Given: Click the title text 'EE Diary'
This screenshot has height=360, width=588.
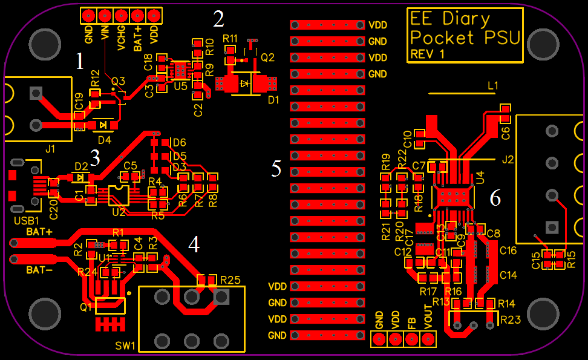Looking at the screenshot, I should click(449, 18).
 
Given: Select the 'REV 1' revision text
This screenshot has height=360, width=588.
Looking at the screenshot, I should click(428, 54).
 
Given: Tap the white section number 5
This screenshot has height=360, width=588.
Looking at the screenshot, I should click(276, 169).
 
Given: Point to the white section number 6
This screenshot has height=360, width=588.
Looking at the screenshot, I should click(495, 197).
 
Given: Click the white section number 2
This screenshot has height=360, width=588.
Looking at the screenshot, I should click(218, 19).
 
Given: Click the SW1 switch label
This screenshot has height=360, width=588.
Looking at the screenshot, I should click(126, 345).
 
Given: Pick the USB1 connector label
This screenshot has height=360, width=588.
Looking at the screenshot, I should click(26, 221).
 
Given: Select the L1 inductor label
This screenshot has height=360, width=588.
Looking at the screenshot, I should click(493, 86).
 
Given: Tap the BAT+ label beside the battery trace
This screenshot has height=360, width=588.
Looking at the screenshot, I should click(39, 232).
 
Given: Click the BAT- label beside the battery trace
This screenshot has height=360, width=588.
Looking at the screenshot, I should click(39, 270).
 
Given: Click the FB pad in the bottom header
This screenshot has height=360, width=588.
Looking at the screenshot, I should click(412, 339).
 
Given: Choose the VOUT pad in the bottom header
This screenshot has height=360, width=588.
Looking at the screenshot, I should click(428, 339).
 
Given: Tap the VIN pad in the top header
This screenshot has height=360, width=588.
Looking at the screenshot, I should click(105, 15).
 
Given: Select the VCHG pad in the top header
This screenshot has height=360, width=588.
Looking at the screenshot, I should click(121, 15).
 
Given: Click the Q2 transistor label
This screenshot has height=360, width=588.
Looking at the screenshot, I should click(267, 57).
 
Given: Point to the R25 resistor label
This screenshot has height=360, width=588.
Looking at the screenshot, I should click(230, 280).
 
